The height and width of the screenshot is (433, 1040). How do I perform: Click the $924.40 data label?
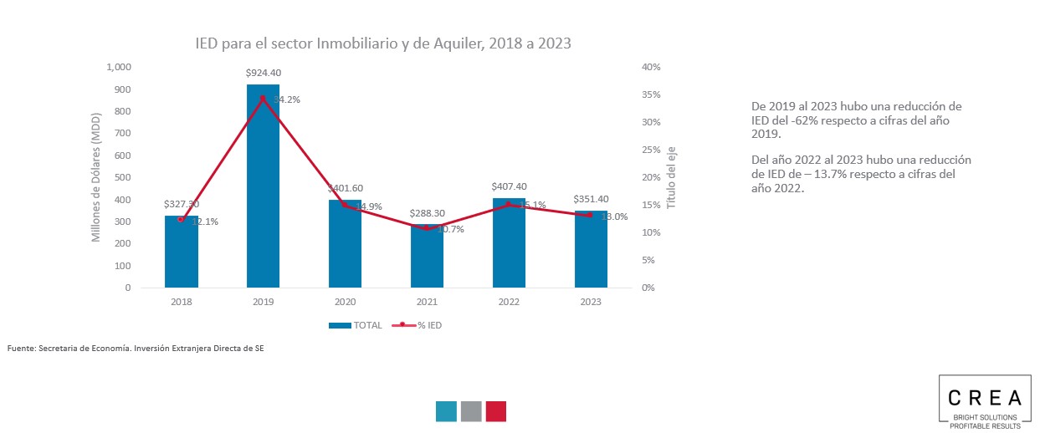coord(263,73)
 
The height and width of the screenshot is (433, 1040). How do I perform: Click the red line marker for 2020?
coord(345,205)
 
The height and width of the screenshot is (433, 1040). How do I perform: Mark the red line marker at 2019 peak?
coord(263,99)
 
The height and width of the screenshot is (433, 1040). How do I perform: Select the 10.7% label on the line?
coord(448,229)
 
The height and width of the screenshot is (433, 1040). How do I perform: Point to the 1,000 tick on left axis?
coord(119,67)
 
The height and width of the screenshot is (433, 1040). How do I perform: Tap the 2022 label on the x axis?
coord(509,303)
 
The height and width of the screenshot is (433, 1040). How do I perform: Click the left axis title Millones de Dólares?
coord(95,176)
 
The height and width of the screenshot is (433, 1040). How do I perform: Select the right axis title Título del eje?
coord(671,177)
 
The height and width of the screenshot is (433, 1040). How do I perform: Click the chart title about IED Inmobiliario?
coord(383,43)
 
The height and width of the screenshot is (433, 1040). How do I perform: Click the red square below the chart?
coord(496,411)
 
